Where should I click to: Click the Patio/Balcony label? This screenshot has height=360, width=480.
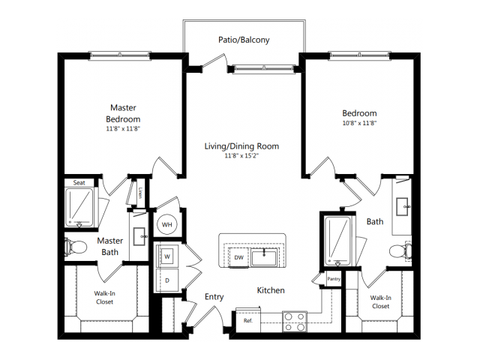[244, 40]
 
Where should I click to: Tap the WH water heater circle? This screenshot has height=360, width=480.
[166, 225]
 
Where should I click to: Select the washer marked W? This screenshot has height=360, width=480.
[167, 256]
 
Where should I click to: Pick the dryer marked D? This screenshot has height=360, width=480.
[167, 280]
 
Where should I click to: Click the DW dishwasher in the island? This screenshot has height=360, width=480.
[238, 257]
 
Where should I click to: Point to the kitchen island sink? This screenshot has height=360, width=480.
[264, 256]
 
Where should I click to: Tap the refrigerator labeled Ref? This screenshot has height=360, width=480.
[248, 320]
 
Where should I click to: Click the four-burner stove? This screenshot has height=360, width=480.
[295, 322]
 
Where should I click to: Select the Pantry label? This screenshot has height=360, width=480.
[334, 279]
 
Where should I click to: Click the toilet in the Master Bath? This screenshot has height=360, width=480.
[76, 247]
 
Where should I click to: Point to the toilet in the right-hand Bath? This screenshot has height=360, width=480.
[400, 251]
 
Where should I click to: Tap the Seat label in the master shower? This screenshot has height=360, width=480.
[79, 183]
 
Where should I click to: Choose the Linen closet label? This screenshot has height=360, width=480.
[140, 193]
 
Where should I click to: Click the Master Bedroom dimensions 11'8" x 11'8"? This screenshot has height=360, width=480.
[123, 129]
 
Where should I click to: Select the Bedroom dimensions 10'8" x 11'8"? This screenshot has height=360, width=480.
[359, 123]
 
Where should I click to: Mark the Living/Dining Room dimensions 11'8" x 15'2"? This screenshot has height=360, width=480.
[241, 156]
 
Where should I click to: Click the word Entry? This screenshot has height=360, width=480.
[214, 297]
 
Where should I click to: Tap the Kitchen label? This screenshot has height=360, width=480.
[271, 290]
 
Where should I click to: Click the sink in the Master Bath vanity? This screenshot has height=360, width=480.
[139, 236]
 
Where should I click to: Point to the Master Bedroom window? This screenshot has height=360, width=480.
[120, 55]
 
